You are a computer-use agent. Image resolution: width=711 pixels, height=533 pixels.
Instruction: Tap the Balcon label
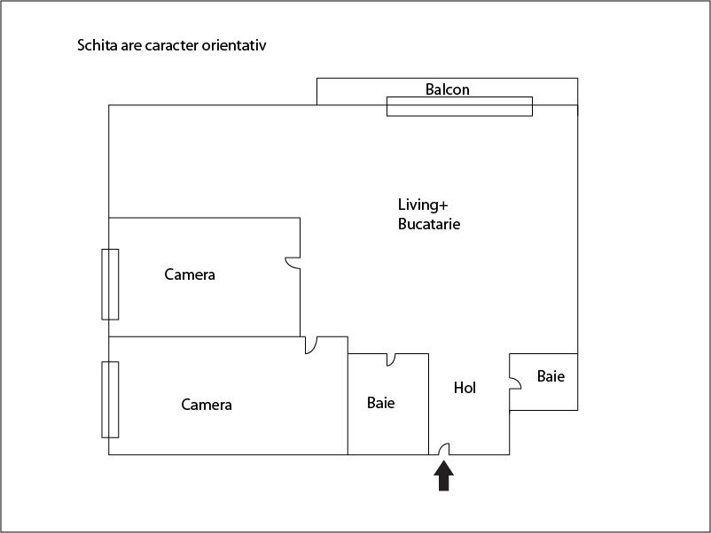pos(448,89)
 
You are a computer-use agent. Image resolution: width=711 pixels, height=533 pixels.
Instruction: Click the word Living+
pos(418,205)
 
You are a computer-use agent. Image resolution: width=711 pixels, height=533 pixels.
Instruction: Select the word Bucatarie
pos(429,224)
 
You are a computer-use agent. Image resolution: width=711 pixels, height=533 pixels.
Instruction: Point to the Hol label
pos(465,388)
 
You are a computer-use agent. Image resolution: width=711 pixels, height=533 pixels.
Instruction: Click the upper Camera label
pos(190,274)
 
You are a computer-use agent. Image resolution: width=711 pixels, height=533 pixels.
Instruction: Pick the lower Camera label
pos(207,405)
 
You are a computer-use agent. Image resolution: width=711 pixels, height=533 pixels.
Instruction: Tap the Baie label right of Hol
pos(551,376)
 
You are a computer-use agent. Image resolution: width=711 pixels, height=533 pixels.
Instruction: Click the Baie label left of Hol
pos(380,403)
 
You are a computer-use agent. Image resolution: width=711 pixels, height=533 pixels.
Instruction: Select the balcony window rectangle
pos(459,106)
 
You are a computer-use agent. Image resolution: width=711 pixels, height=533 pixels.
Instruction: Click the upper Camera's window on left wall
pos(110,284)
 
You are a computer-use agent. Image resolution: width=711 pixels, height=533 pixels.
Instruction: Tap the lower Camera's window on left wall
pos(110,399)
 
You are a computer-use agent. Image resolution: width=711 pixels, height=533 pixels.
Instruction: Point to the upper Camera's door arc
pos(292,263)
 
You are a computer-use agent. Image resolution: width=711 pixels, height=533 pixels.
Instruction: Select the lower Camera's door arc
pos(311,346)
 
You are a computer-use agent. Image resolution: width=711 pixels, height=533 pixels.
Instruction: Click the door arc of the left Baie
pos(391,359)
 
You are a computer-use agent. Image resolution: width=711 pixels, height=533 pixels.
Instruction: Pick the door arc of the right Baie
pos(515,382)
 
